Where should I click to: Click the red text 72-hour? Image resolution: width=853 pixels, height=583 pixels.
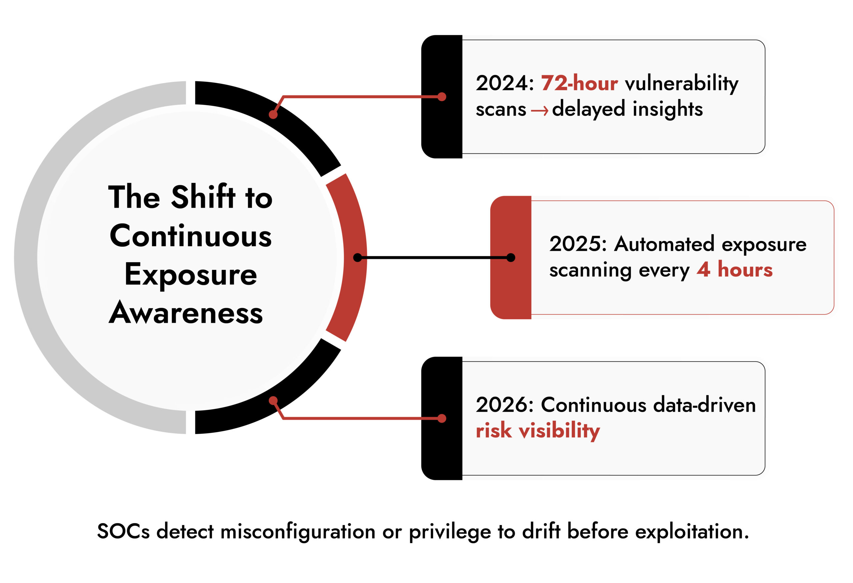pyautogui.click(x=579, y=83)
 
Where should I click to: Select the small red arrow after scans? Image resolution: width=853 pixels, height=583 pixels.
pyautogui.click(x=539, y=110)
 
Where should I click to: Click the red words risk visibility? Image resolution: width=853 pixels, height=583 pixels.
pyautogui.click(x=537, y=431)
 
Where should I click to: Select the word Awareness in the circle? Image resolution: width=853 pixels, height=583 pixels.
pyautogui.click(x=186, y=313)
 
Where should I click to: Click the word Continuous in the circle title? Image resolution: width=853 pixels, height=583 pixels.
pyautogui.click(x=191, y=236)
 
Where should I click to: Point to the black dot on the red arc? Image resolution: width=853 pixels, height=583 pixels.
pyautogui.click(x=357, y=258)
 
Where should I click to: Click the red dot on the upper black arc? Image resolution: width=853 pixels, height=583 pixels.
pyautogui.click(x=273, y=115)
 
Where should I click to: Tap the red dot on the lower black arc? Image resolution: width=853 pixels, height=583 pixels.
pyautogui.click(x=273, y=401)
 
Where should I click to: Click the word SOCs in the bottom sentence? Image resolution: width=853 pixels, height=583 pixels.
pyautogui.click(x=123, y=531)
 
